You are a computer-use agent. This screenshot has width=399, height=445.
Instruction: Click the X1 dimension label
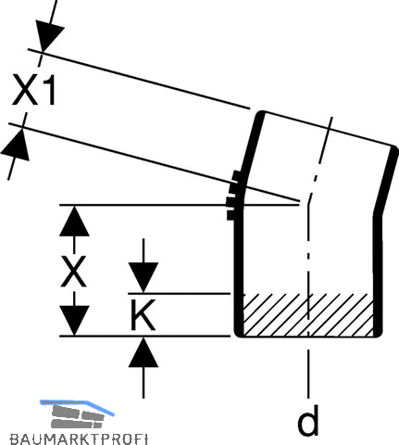34,91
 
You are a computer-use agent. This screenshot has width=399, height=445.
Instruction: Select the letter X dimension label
73,272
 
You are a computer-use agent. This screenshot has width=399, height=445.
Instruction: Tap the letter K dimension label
143,314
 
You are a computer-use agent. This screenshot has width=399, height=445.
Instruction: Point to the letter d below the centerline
308,420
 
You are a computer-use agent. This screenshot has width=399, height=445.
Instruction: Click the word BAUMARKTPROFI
79,439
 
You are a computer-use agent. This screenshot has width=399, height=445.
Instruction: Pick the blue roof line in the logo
77,406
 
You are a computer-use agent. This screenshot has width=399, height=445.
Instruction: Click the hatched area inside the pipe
308,314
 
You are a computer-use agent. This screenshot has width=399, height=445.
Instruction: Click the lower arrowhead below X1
16,146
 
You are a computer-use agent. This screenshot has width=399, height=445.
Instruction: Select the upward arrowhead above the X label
74,222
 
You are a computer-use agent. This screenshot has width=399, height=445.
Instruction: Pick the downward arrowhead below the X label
74,320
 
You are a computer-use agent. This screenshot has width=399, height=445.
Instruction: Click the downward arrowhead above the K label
143,277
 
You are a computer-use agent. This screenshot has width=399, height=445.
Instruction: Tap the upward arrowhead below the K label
143,352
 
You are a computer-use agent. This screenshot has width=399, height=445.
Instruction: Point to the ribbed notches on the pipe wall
233,196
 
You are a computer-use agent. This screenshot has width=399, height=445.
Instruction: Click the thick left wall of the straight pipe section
238,272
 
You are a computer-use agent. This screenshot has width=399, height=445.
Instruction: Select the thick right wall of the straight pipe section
378,275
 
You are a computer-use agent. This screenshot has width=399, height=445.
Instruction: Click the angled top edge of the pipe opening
328,128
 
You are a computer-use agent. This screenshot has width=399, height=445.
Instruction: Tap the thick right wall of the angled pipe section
387,181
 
